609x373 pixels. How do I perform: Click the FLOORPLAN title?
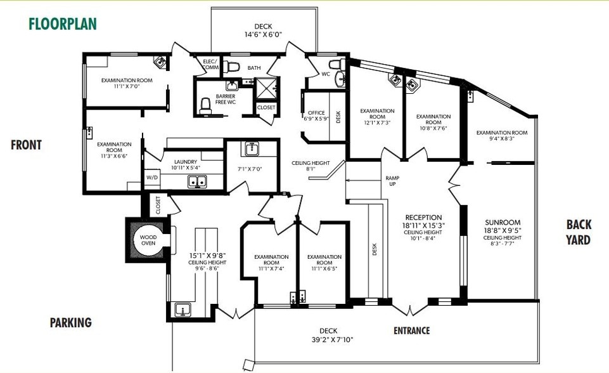pyautogui.click(x=62, y=24)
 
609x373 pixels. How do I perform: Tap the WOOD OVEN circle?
pyautogui.click(x=148, y=240)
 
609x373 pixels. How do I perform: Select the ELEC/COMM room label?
pyautogui.click(x=210, y=64)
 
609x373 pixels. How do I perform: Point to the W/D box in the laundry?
pyautogui.click(x=152, y=178)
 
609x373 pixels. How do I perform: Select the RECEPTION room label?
pyautogui.click(x=423, y=218)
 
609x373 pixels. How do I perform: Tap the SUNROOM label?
pyautogui.click(x=503, y=223)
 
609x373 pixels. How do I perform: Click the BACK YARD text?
pyautogui.click(x=579, y=232)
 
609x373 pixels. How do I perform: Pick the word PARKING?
pyautogui.click(x=71, y=323)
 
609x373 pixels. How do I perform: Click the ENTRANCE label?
pyautogui.click(x=411, y=330)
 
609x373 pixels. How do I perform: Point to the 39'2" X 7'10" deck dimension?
pyautogui.click(x=328, y=340)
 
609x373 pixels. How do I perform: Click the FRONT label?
pyautogui.click(x=26, y=145)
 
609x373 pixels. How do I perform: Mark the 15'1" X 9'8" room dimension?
pyautogui.click(x=207, y=257)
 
